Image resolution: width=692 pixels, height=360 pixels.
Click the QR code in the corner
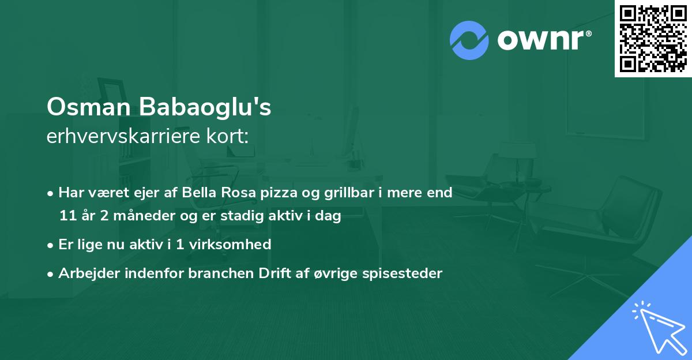pos(653,38)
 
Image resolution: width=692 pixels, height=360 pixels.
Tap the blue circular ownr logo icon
pos(469,40)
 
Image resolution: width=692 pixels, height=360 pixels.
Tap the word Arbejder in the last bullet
pos(86,273)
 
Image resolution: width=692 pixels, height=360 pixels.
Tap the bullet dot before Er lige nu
pos(51,245)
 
